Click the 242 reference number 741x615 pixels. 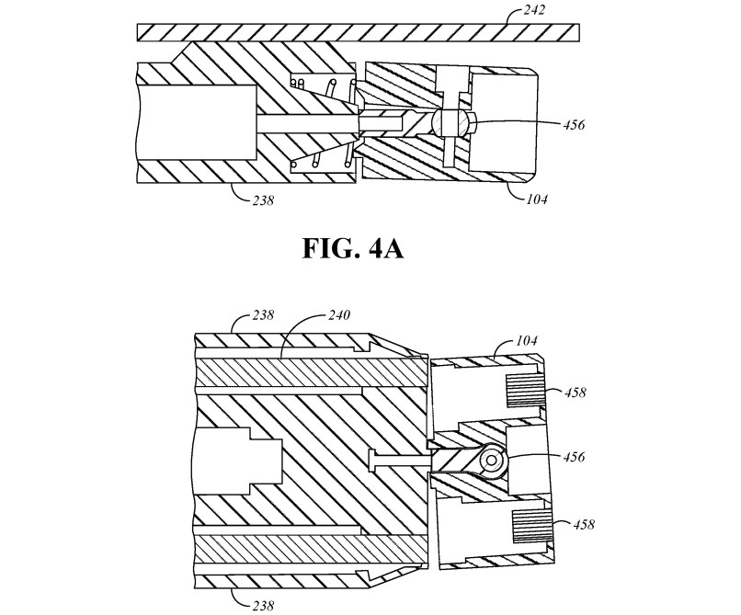534,10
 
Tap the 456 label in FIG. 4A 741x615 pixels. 574,125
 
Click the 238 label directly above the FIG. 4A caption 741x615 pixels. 263,200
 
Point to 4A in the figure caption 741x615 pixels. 385,248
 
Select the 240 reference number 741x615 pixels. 339,314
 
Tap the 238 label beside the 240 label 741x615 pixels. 263,314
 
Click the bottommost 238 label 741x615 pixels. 263,605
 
